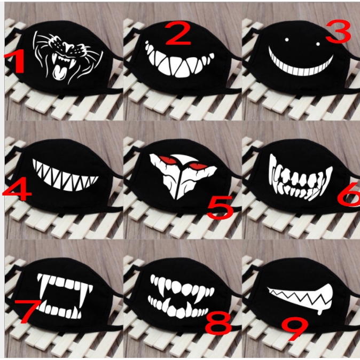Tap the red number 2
click(x=178, y=33)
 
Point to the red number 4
click(x=17, y=190)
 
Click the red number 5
click(x=220, y=208)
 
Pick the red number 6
click(x=349, y=194)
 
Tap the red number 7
click(x=28, y=311)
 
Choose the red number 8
click(x=218, y=323)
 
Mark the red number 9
click(x=295, y=329)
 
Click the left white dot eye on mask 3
click(x=287, y=40)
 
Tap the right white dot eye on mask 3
click(x=318, y=44)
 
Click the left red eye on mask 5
click(x=167, y=159)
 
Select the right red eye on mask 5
click(x=198, y=166)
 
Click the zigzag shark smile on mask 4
click(x=65, y=176)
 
